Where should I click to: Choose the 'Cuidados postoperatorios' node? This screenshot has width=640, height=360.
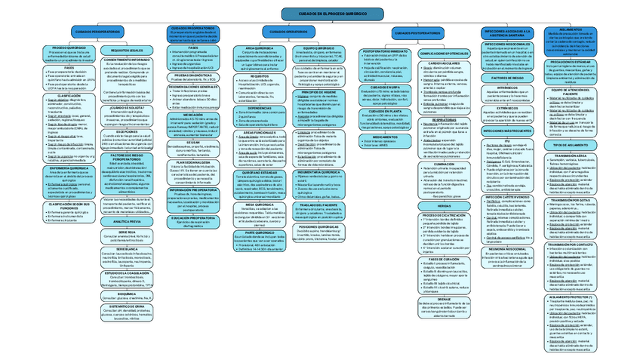[x=416, y=34]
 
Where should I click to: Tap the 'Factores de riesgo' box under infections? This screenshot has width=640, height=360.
[x=507, y=78]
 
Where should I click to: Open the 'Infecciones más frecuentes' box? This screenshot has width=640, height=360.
[x=507, y=130]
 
